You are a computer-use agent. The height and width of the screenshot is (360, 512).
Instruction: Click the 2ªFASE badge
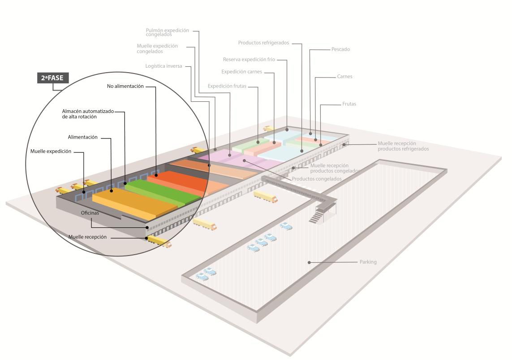52,78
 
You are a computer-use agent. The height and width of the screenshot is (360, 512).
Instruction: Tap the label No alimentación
125,86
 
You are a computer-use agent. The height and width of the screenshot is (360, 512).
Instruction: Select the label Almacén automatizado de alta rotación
88,113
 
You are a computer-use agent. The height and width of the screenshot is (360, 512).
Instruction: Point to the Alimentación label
82,137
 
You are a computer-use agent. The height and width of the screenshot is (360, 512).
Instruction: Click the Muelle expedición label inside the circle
51,152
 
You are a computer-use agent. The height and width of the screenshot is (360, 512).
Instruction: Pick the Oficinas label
90,213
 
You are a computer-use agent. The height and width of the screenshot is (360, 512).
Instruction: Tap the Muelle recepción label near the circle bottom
87,237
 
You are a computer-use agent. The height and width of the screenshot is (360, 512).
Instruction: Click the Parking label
368,262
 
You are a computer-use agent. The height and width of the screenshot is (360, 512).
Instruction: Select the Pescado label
340,49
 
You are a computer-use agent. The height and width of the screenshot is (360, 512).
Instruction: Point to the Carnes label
344,77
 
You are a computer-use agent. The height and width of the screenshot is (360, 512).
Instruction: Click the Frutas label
349,104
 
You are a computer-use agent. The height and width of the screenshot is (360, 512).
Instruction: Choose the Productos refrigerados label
263,43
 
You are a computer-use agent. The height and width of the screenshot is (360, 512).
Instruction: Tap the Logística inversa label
163,66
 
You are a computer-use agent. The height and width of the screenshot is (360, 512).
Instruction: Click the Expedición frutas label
227,86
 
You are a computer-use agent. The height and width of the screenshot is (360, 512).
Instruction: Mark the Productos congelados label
317,179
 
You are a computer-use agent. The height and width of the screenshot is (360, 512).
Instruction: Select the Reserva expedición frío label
249,59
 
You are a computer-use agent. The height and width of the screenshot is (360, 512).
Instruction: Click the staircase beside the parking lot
316,217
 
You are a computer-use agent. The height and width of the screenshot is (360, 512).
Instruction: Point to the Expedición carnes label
241,72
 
